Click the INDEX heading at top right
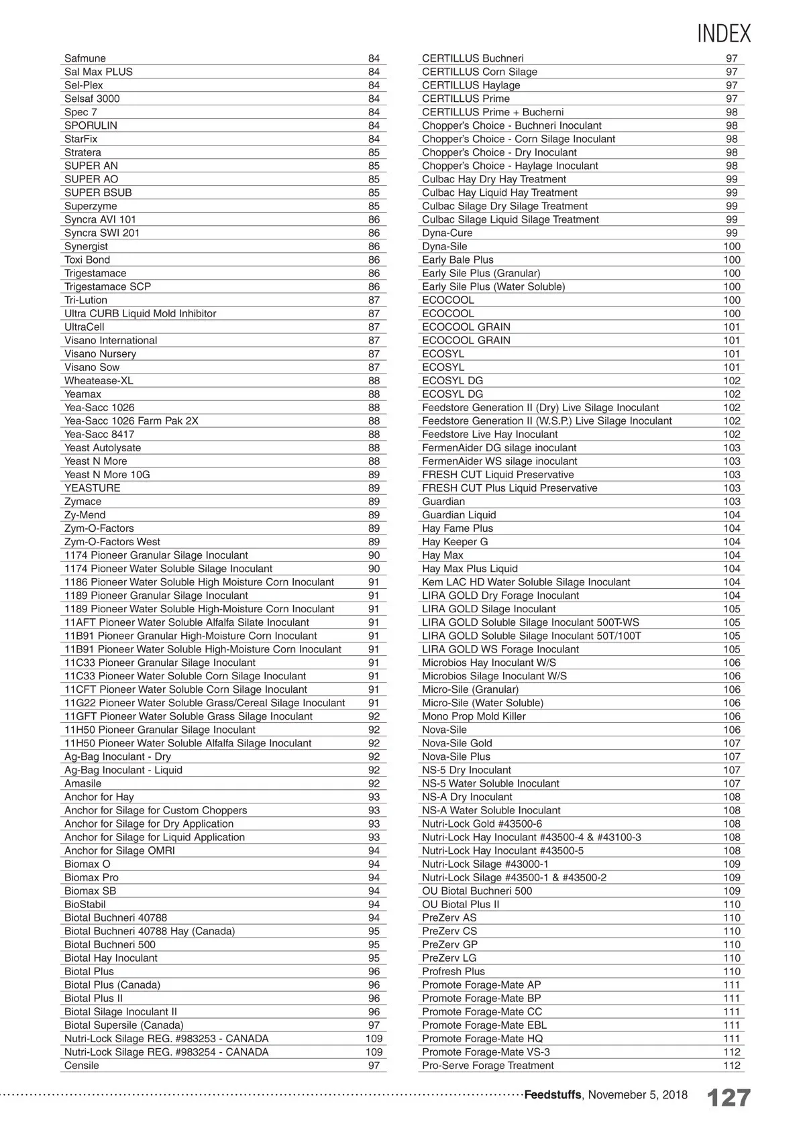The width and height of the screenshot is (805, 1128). (x=724, y=34)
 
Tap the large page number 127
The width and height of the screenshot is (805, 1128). (x=729, y=1098)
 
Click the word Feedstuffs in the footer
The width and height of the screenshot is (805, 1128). (x=552, y=1095)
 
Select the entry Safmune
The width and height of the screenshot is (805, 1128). (x=85, y=58)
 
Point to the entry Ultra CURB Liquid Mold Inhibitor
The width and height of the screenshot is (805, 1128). (x=140, y=313)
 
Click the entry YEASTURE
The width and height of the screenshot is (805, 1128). (x=93, y=488)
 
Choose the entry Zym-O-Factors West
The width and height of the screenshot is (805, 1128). (x=112, y=541)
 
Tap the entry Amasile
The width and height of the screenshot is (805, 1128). (x=83, y=783)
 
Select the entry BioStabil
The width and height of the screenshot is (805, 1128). (x=85, y=904)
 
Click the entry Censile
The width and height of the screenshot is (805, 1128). (x=82, y=1065)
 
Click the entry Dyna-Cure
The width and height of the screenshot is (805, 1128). (x=447, y=233)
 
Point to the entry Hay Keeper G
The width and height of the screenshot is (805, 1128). (x=455, y=541)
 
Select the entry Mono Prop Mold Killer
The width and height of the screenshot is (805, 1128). (x=474, y=716)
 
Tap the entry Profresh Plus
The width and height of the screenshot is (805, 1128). (x=453, y=971)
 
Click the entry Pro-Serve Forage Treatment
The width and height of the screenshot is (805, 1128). (x=488, y=1065)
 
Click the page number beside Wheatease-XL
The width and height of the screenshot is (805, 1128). (x=374, y=380)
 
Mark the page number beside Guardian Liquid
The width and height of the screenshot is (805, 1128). (x=732, y=514)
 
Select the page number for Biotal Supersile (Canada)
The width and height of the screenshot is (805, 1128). (x=374, y=1025)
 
